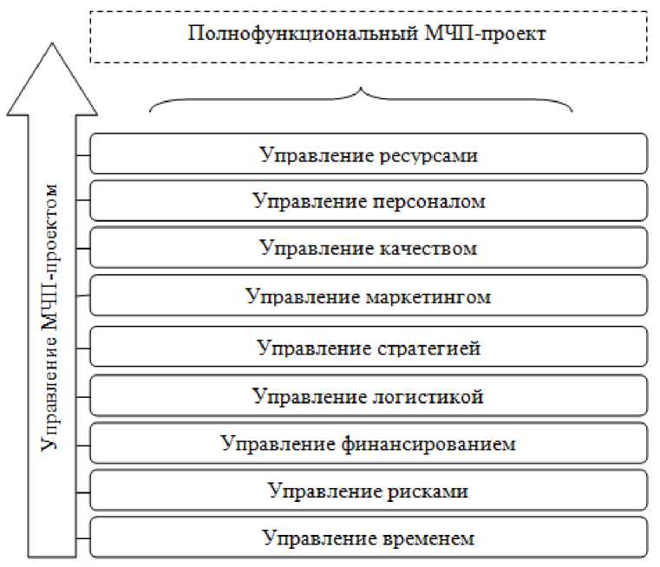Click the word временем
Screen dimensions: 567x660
[428, 538]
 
